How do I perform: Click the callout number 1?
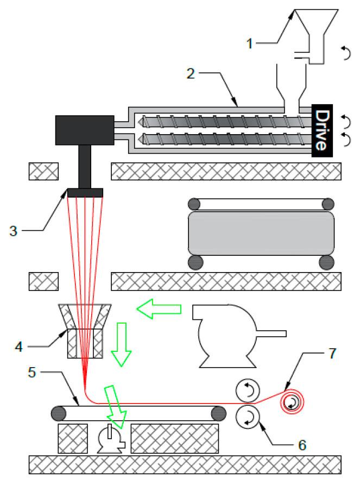pos(250,43)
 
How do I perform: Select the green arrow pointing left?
pos(159,311)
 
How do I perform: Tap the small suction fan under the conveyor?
pos(110,439)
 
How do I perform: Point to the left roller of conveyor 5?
pos(59,413)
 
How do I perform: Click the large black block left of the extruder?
pos(84,130)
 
